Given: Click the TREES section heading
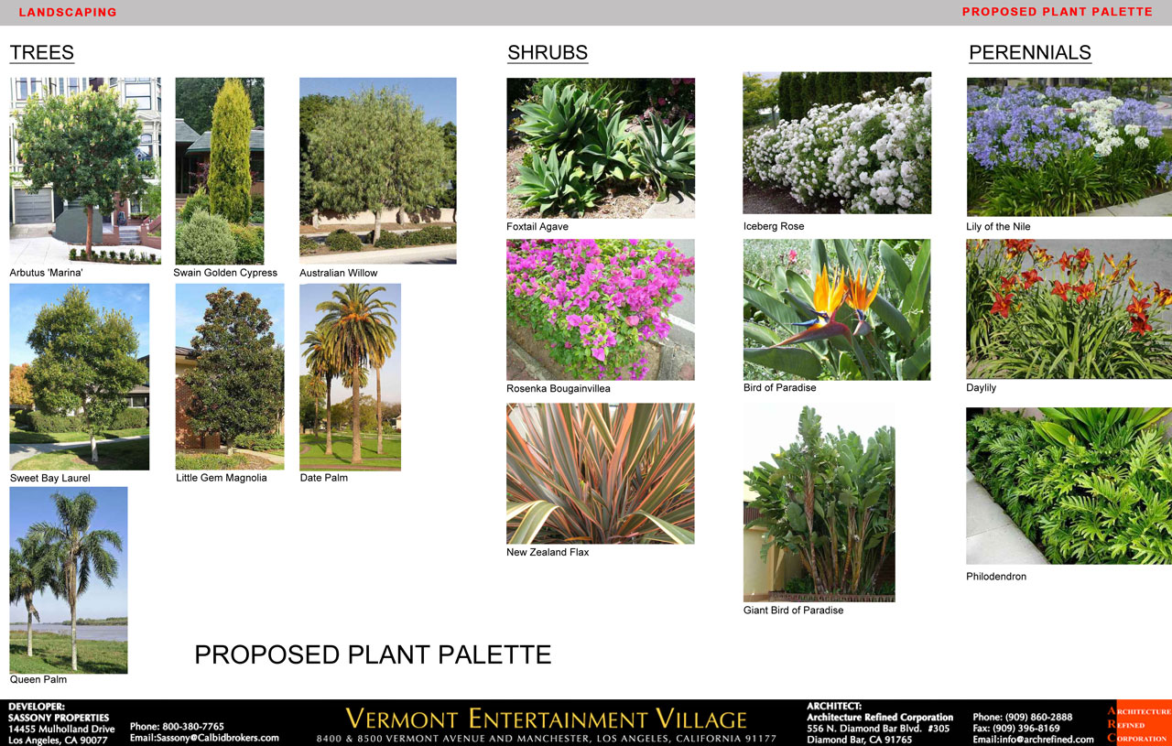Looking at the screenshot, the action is click(42, 52).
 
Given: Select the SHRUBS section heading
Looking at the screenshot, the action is click(548, 52).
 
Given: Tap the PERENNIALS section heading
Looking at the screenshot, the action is click(1030, 52).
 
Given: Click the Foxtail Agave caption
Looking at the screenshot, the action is click(537, 226).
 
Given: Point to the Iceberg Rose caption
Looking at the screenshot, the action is click(774, 226).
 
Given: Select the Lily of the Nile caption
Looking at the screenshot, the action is click(998, 226).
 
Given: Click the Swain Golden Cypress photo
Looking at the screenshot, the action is click(220, 171).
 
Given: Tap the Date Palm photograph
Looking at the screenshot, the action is click(350, 377).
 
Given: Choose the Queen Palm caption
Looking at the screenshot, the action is click(38, 679).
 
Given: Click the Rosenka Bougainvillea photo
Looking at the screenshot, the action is click(601, 309).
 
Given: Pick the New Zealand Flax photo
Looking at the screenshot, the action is click(601, 473).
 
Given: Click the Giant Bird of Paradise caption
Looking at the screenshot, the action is click(793, 610).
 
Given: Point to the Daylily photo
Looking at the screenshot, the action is click(1069, 309).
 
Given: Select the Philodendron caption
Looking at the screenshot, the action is click(995, 577).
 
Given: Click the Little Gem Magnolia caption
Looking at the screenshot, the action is click(222, 478).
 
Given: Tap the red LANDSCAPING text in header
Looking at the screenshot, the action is click(68, 12).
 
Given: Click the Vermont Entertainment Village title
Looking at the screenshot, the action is click(546, 719).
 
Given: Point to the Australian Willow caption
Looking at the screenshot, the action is click(338, 273).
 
